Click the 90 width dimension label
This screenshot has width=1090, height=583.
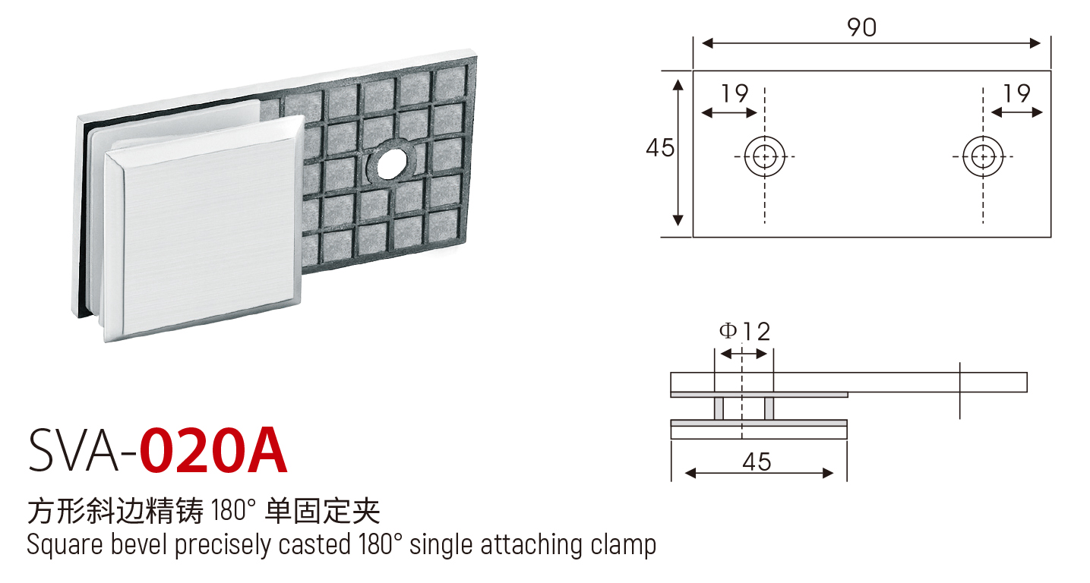pos(862,27)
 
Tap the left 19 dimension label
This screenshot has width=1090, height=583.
pos(735,93)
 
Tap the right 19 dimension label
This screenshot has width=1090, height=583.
pos(1016,93)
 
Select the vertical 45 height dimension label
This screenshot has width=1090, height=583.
pos(660,148)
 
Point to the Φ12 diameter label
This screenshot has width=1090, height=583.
pos(745,332)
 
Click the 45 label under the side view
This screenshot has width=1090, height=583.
pos(757,462)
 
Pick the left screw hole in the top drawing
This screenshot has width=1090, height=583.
pos(764,156)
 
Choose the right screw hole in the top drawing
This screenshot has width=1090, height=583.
pos(983,156)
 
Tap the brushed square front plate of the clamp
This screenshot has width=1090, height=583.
pos(204,228)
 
